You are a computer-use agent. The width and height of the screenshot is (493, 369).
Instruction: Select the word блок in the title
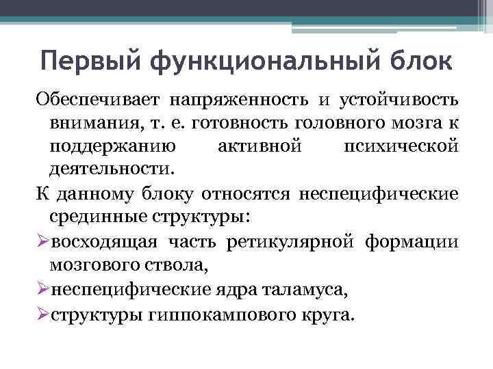tap(421, 60)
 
